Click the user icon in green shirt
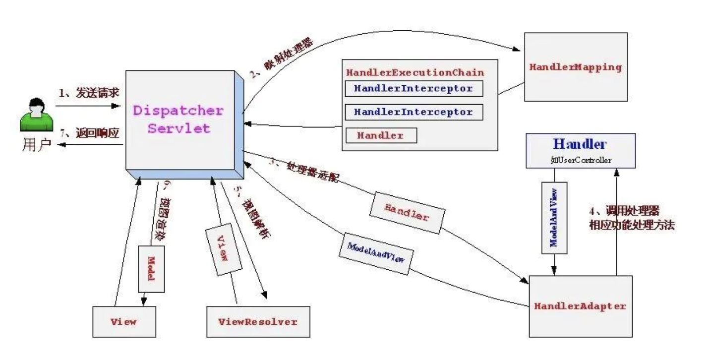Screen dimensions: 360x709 (x=36, y=115)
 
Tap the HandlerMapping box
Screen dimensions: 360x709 (x=575, y=67)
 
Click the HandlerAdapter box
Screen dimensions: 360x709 (x=580, y=306)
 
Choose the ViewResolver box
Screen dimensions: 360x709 (x=258, y=322)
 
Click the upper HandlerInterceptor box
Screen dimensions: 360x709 (x=413, y=89)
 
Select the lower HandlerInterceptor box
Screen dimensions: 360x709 (x=413, y=112)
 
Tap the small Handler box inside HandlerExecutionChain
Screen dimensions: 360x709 (x=381, y=135)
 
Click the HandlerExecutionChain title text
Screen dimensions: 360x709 (x=414, y=72)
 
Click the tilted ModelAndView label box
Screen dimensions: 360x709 (x=375, y=252)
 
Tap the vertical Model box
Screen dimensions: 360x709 (x=151, y=268)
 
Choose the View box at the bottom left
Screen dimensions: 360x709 (x=124, y=322)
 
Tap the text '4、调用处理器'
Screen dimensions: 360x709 (x=624, y=210)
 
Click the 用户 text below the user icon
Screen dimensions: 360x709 (x=36, y=145)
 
